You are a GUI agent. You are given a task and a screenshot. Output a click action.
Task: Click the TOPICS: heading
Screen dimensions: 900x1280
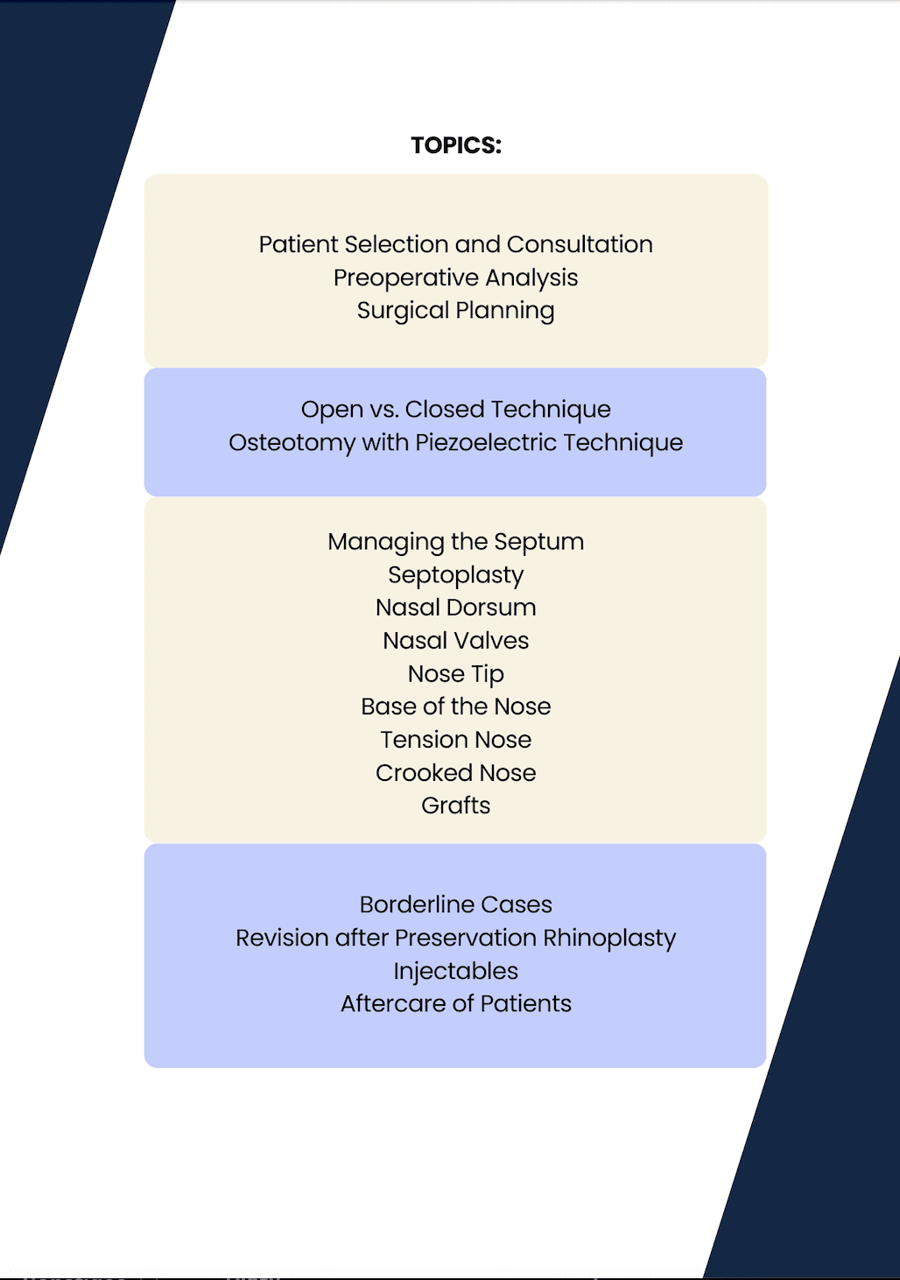pos(456,145)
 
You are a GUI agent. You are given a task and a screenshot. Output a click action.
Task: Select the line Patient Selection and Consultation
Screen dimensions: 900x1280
pos(455,244)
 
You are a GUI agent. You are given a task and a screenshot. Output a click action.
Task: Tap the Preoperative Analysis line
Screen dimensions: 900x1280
pos(455,278)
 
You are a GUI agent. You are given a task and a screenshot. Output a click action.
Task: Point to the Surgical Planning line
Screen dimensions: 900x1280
pos(455,311)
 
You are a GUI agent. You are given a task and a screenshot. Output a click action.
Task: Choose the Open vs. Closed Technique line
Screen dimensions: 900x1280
pos(455,409)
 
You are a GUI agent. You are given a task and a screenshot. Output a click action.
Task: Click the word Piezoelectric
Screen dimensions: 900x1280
pos(486,442)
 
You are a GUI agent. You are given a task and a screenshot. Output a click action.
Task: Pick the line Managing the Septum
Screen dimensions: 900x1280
pos(455,542)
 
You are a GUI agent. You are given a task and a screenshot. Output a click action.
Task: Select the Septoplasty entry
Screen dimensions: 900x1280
pos(455,575)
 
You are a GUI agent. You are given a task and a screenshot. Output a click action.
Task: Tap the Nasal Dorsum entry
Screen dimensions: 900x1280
pos(455,608)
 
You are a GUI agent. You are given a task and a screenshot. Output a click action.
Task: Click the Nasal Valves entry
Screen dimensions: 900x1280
pos(455,641)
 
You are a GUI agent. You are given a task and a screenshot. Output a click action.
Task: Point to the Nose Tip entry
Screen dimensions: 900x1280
pos(455,674)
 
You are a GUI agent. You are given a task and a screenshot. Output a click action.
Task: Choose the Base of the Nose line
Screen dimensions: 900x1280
pos(455,707)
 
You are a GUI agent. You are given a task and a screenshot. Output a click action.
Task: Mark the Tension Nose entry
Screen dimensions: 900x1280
pos(455,740)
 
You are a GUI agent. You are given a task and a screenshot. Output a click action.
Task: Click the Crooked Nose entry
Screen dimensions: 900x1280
pos(455,773)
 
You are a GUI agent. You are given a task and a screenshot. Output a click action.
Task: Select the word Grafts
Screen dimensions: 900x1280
pos(455,805)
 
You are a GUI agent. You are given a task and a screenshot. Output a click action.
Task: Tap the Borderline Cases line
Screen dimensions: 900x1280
pos(455,904)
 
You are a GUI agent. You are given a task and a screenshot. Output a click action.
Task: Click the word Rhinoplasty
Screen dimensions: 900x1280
pos(609,938)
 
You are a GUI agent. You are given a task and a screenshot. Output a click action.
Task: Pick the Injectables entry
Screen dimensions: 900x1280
pos(455,971)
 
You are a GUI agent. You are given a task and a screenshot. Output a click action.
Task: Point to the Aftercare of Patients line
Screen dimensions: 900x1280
pos(455,1003)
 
